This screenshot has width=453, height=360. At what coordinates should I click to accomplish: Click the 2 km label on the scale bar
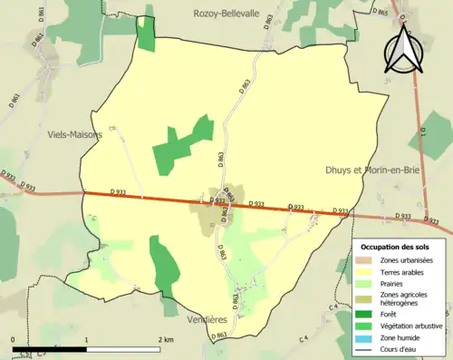166,339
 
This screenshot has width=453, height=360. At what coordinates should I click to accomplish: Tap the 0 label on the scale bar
14,339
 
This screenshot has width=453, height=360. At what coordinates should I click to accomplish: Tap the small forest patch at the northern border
145,33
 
